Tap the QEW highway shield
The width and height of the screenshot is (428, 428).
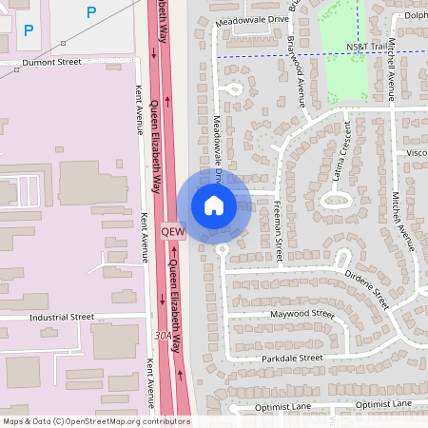pyautogui.click(x=171, y=231)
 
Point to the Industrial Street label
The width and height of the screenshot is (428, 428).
pyautogui.click(x=62, y=316)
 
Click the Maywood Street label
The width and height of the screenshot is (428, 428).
pyautogui.click(x=302, y=313)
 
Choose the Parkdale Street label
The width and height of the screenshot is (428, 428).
pyautogui.click(x=291, y=358)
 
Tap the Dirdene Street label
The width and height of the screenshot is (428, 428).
pyautogui.click(x=367, y=288)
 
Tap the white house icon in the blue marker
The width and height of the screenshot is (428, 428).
pyautogui.click(x=214, y=204)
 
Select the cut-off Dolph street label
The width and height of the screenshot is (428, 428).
pyautogui.click(x=416, y=14)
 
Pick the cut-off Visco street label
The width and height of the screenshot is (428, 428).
pyautogui.click(x=417, y=152)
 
